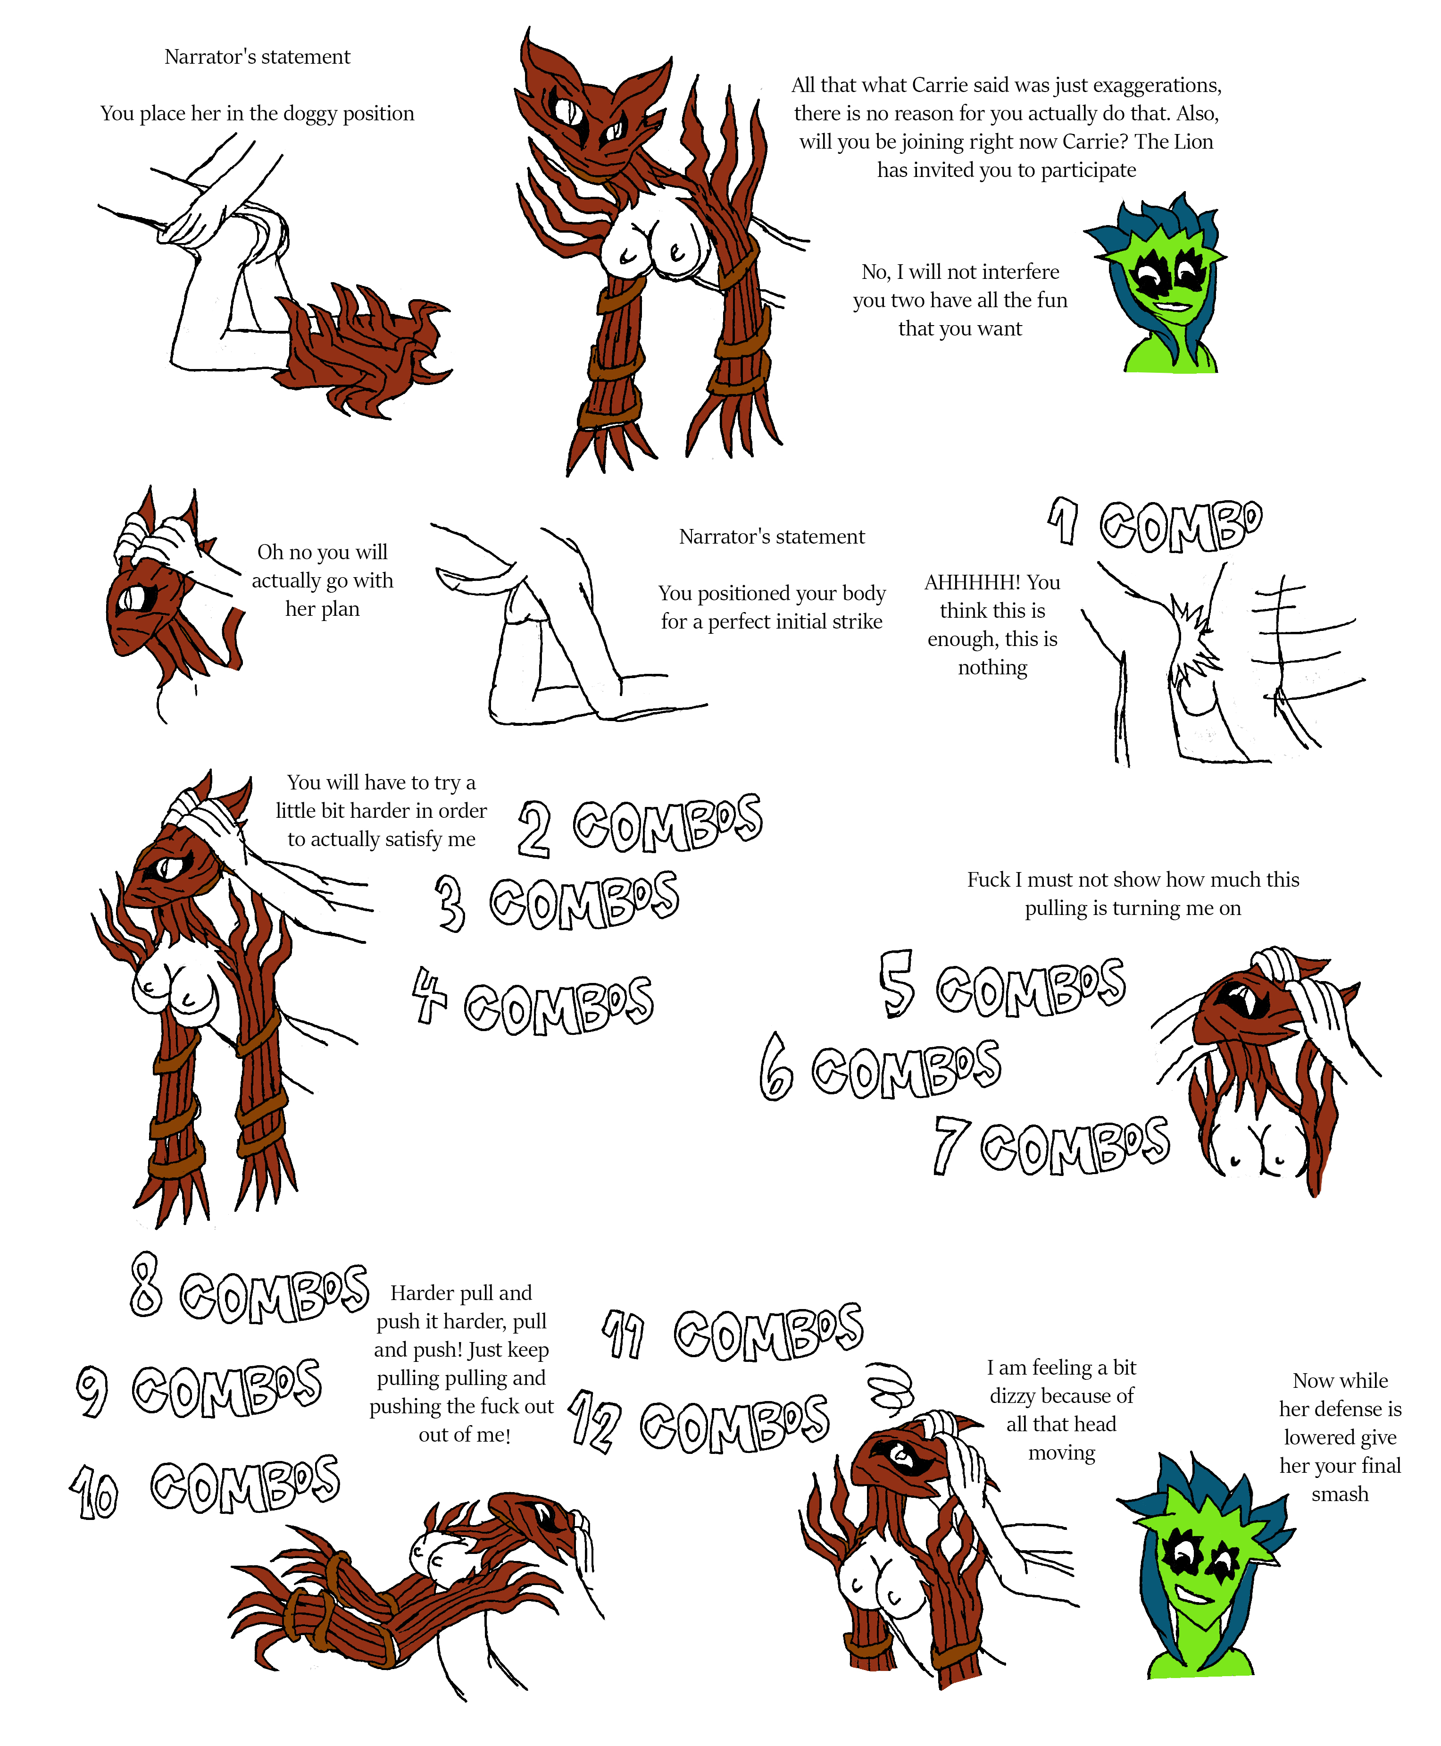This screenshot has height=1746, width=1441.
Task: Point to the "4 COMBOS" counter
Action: pyautogui.click(x=533, y=1002)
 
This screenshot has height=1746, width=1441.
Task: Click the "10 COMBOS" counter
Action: pyautogui.click(x=204, y=1489)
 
